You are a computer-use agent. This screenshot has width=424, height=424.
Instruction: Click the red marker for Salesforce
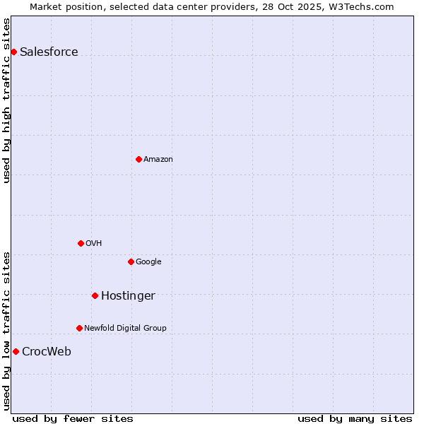click(x=13, y=52)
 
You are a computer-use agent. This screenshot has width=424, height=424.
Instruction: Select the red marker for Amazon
click(x=139, y=159)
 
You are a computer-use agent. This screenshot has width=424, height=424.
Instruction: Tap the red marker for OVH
click(x=81, y=243)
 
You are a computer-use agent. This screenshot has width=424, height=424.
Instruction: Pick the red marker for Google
click(x=131, y=261)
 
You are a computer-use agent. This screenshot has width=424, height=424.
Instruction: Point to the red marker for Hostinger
click(x=95, y=295)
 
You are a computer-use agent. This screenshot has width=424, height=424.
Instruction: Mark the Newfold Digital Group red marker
click(x=79, y=328)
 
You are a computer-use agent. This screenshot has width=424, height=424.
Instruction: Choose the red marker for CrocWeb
click(x=16, y=351)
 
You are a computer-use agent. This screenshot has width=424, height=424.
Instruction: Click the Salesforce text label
click(x=49, y=52)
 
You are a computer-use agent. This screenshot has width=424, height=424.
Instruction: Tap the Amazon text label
click(x=158, y=160)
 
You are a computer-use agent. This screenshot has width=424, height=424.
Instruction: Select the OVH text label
click(x=94, y=244)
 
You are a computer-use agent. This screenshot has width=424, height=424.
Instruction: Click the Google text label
click(x=148, y=262)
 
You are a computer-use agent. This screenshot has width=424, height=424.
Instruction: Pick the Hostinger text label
click(x=128, y=296)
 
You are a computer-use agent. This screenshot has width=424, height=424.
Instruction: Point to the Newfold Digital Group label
click(x=125, y=329)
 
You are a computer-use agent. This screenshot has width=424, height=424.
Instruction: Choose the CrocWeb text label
click(x=47, y=352)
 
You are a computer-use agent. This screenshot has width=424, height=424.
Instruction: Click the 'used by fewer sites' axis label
click(x=73, y=418)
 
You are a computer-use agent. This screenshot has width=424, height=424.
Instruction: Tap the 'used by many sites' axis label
click(x=355, y=418)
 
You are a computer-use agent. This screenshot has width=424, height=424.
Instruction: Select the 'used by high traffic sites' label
click(x=6, y=100)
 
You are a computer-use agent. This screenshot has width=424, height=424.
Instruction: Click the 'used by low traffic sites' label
click(x=6, y=331)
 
